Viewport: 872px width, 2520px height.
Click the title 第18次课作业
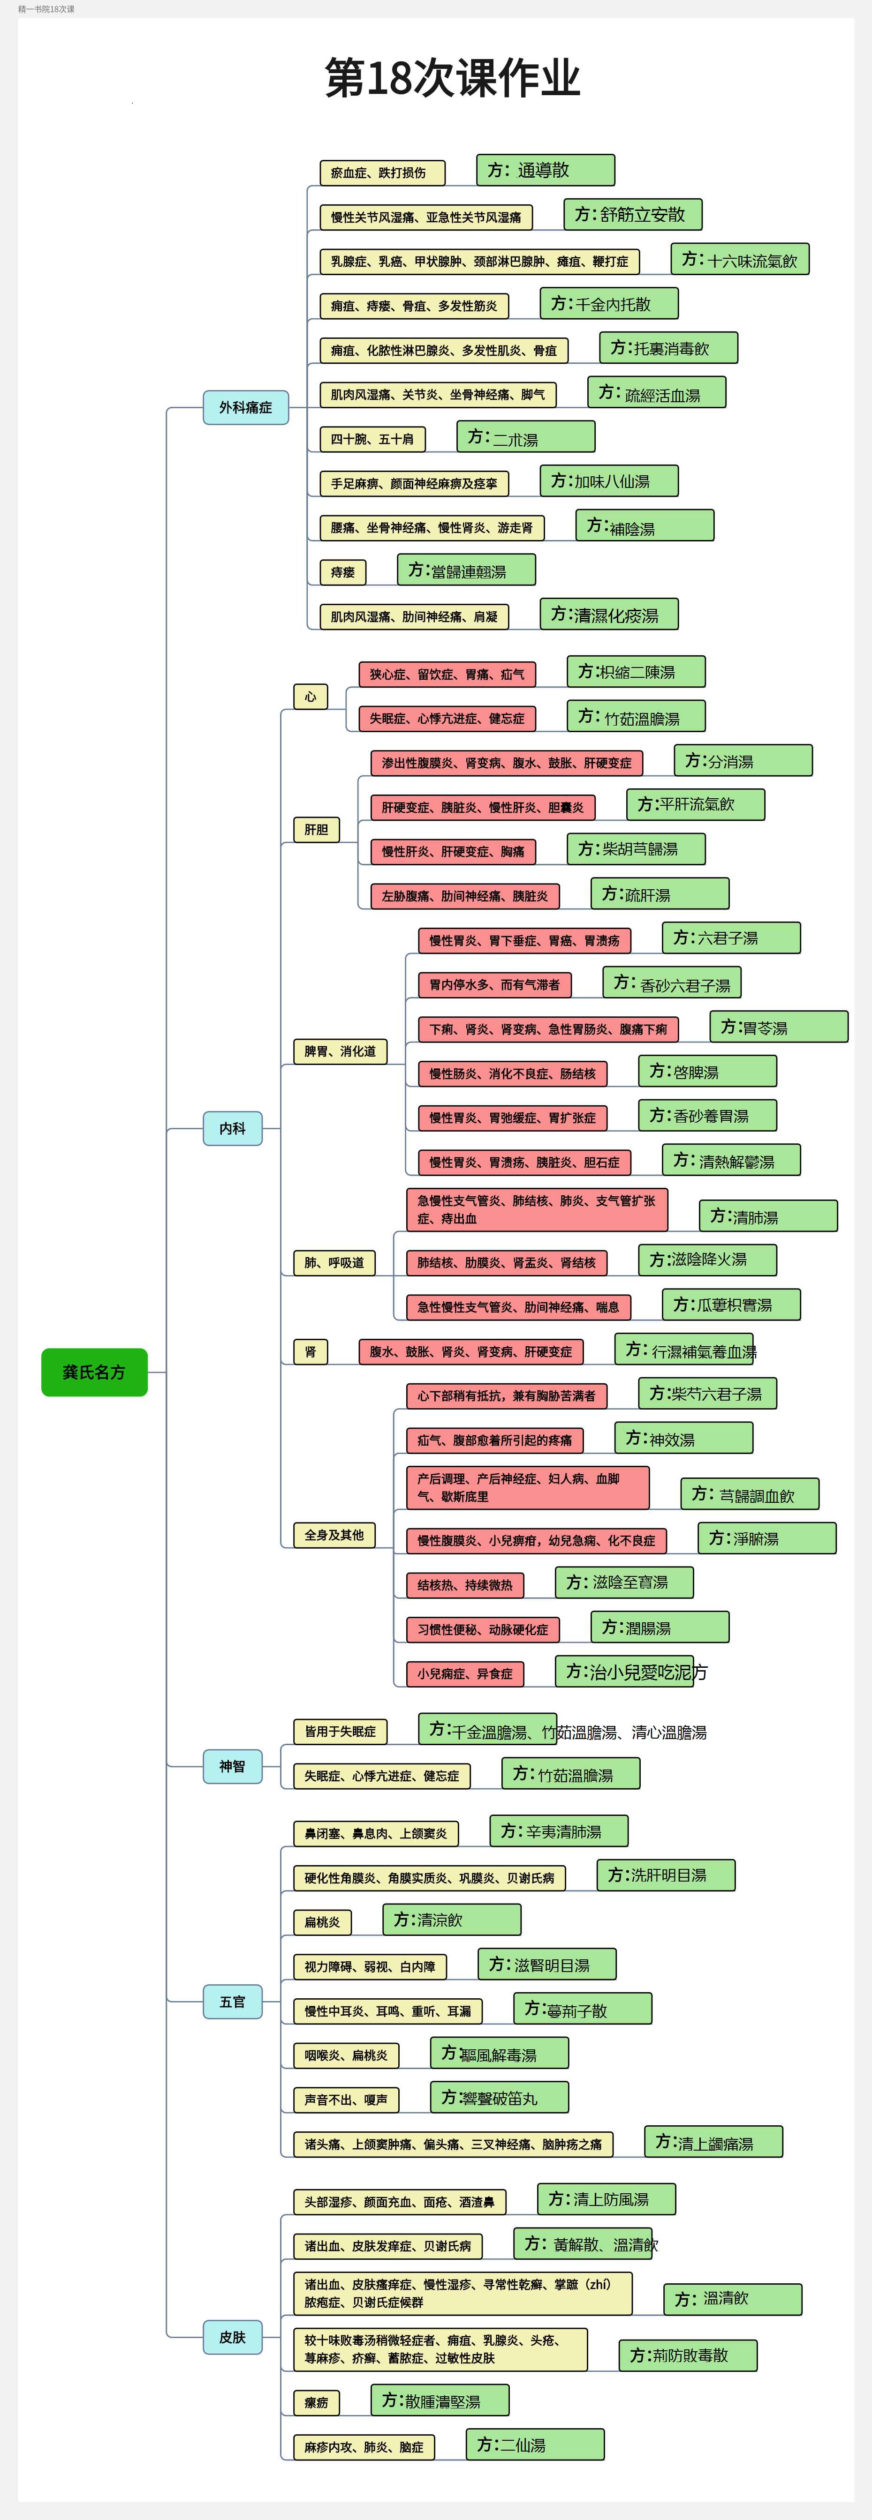click(452, 78)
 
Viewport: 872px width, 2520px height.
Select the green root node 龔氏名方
click(94, 1372)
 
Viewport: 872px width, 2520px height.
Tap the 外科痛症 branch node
click(246, 407)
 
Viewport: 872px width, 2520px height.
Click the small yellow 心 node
click(310, 697)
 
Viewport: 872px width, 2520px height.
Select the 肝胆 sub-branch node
click(316, 830)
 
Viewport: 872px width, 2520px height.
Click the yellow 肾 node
click(310, 1352)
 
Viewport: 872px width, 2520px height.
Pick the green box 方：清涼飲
click(451, 1920)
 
